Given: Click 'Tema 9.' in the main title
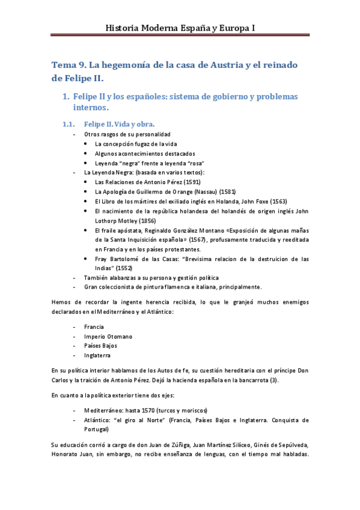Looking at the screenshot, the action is [70, 65].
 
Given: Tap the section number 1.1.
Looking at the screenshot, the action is [71, 124].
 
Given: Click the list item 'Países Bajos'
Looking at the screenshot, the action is [100, 346].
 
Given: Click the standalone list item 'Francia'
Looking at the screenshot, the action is [94, 327].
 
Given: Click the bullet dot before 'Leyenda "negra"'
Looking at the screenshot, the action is [87, 164].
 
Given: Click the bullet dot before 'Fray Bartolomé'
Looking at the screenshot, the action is [87, 259].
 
